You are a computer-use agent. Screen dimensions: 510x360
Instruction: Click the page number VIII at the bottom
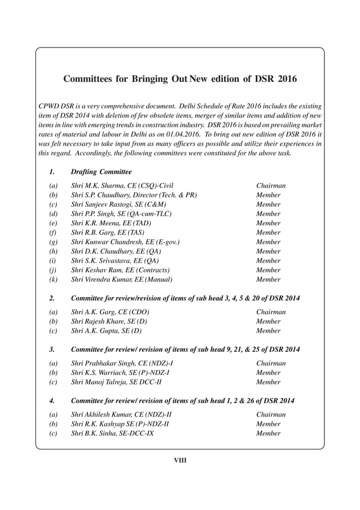[179, 460]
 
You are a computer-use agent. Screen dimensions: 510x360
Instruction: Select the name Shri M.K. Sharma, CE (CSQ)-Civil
[122, 185]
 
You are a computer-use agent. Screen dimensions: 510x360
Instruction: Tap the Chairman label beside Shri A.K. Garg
[271, 312]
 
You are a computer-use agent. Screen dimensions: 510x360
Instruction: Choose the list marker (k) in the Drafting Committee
[54, 279]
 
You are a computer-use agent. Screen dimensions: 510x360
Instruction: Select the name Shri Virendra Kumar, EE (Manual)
[121, 279]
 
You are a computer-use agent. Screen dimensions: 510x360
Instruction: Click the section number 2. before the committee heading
[51, 298]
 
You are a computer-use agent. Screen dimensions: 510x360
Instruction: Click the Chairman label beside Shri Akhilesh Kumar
[271, 415]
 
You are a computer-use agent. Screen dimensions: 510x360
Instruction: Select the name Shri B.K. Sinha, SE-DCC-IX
[112, 433]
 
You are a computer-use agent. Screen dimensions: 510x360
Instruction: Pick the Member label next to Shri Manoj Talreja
[269, 382]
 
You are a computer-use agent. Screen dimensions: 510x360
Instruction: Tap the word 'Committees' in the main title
[89, 79]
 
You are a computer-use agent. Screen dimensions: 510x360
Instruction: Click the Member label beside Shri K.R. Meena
[269, 223]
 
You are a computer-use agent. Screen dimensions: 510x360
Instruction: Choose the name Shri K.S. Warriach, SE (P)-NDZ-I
[120, 373]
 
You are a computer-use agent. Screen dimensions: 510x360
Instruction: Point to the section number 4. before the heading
[51, 401]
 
